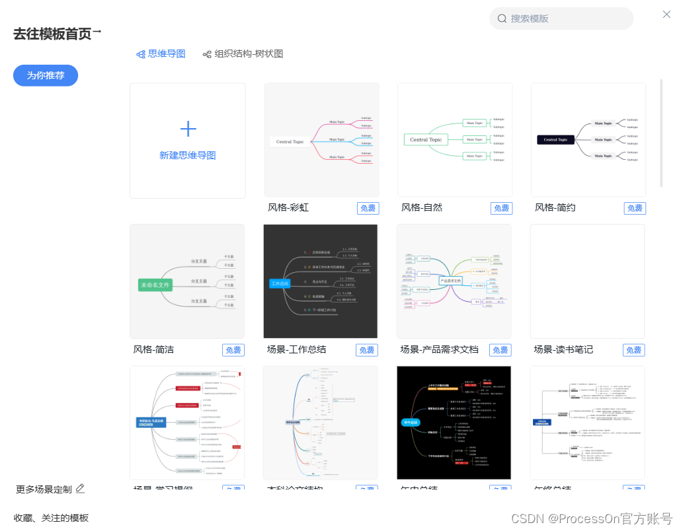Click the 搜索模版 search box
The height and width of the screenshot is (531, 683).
click(561, 18)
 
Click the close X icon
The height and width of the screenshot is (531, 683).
click(666, 15)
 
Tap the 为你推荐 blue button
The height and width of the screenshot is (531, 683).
click(46, 75)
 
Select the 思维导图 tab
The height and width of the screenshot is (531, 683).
click(161, 54)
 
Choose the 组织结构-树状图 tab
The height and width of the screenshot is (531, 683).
click(243, 54)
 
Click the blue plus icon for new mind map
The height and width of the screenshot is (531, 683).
click(188, 129)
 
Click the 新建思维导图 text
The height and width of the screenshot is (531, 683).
click(188, 156)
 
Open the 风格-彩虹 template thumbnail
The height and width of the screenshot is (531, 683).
click(321, 139)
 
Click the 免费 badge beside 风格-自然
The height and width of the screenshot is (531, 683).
click(501, 208)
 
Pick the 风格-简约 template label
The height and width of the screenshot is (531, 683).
click(555, 207)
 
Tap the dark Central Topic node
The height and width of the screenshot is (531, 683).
click(555, 139)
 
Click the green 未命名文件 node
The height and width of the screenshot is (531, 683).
click(155, 285)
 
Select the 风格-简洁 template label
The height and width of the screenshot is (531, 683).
click(154, 349)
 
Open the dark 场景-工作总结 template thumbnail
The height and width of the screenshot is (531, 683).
click(321, 281)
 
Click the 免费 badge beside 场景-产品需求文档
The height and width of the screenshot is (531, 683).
click(500, 350)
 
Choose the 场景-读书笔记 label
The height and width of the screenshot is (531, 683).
click(564, 349)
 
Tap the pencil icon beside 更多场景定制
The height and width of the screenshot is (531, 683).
click(80, 489)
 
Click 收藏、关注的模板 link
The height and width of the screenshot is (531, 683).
click(51, 518)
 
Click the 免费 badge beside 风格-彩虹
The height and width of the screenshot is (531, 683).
click(368, 208)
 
